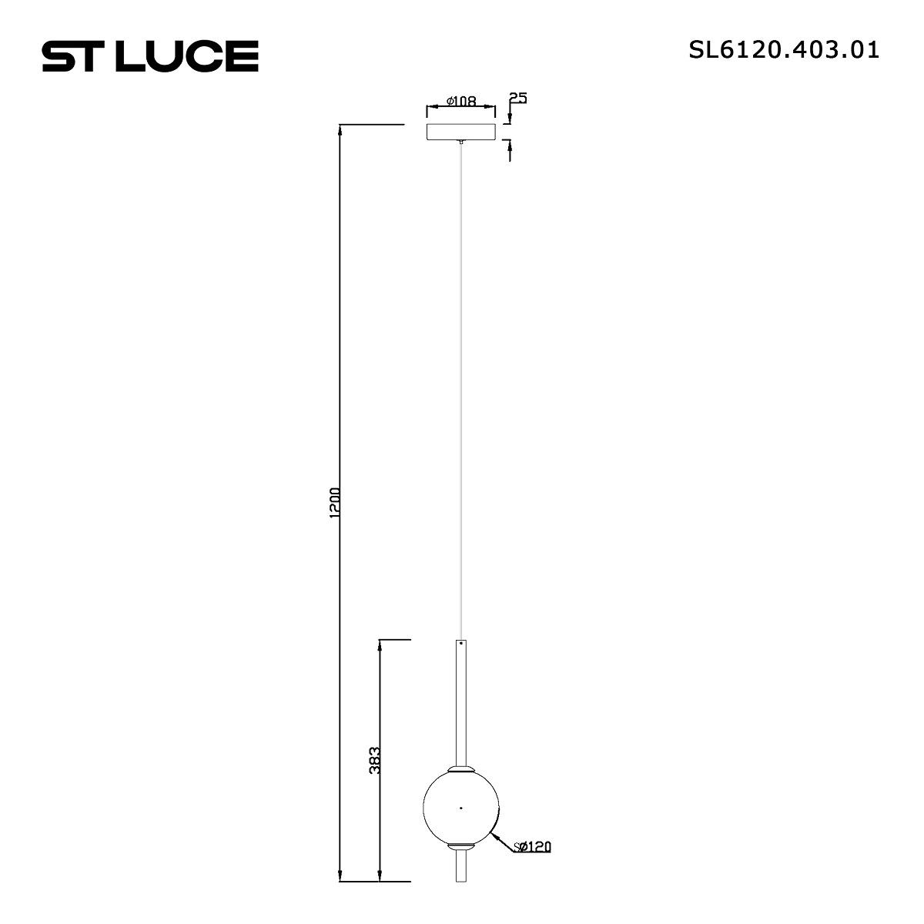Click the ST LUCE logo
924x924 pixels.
click(150, 56)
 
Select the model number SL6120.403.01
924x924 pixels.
click(784, 50)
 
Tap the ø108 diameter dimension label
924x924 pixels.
click(461, 101)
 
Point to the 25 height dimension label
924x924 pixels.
click(518, 98)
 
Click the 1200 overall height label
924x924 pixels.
click(335, 503)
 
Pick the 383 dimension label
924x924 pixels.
click(375, 760)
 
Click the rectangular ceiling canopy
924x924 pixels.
click(460, 132)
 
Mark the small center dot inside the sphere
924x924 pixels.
click(460, 808)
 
